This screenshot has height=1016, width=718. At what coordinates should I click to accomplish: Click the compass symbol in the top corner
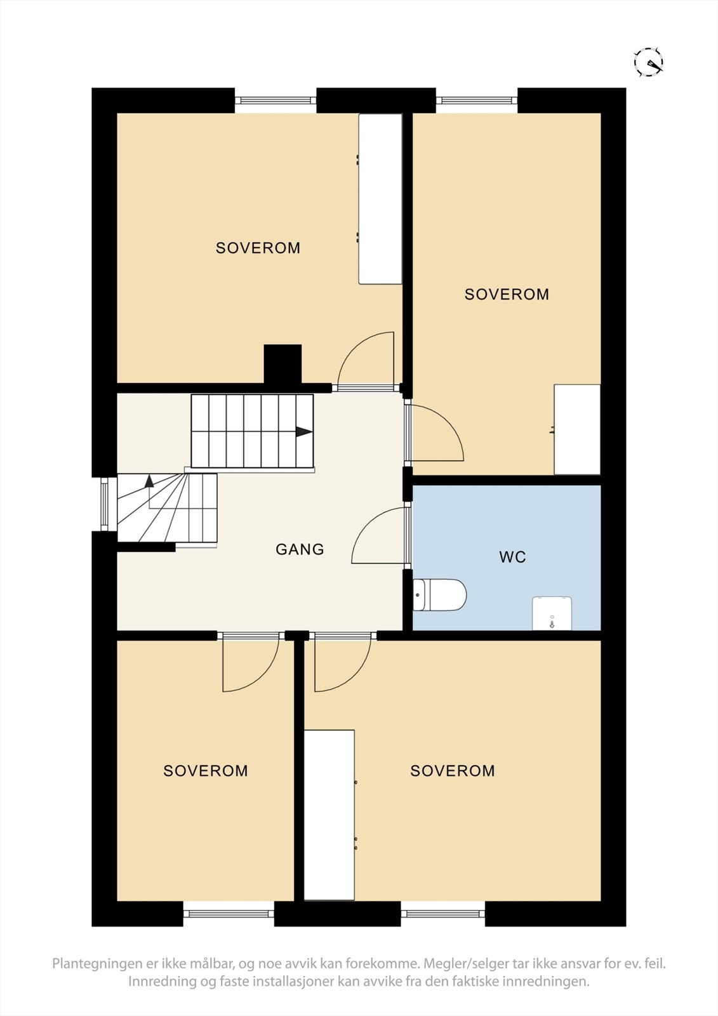pos(648,62)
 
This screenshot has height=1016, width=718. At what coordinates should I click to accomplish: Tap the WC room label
pos(512,558)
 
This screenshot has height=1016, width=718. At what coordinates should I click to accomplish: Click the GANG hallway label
pos(300,549)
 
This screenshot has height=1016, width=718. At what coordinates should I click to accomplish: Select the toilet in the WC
pos(440,595)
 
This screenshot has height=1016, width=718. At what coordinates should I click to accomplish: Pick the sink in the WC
pos(552,613)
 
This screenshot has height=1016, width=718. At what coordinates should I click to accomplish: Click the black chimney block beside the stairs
pos(283,364)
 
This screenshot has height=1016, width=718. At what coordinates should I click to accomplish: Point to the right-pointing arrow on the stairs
pos(303,432)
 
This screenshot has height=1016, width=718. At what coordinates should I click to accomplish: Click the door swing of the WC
pos(378,537)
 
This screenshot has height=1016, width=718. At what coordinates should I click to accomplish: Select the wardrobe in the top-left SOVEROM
pos(380,199)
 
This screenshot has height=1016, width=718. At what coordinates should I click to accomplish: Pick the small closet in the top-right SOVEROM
pos(577,429)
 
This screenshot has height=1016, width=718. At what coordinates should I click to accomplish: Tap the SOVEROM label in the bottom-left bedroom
pos(206,771)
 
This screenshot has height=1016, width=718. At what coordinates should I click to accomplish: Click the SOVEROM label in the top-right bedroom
pos(507,295)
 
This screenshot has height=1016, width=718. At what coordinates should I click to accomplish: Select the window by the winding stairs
pos(104,503)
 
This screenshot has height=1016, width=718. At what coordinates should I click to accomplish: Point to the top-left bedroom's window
pos(276,100)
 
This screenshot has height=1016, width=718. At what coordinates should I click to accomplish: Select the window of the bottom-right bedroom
pos(442,914)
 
